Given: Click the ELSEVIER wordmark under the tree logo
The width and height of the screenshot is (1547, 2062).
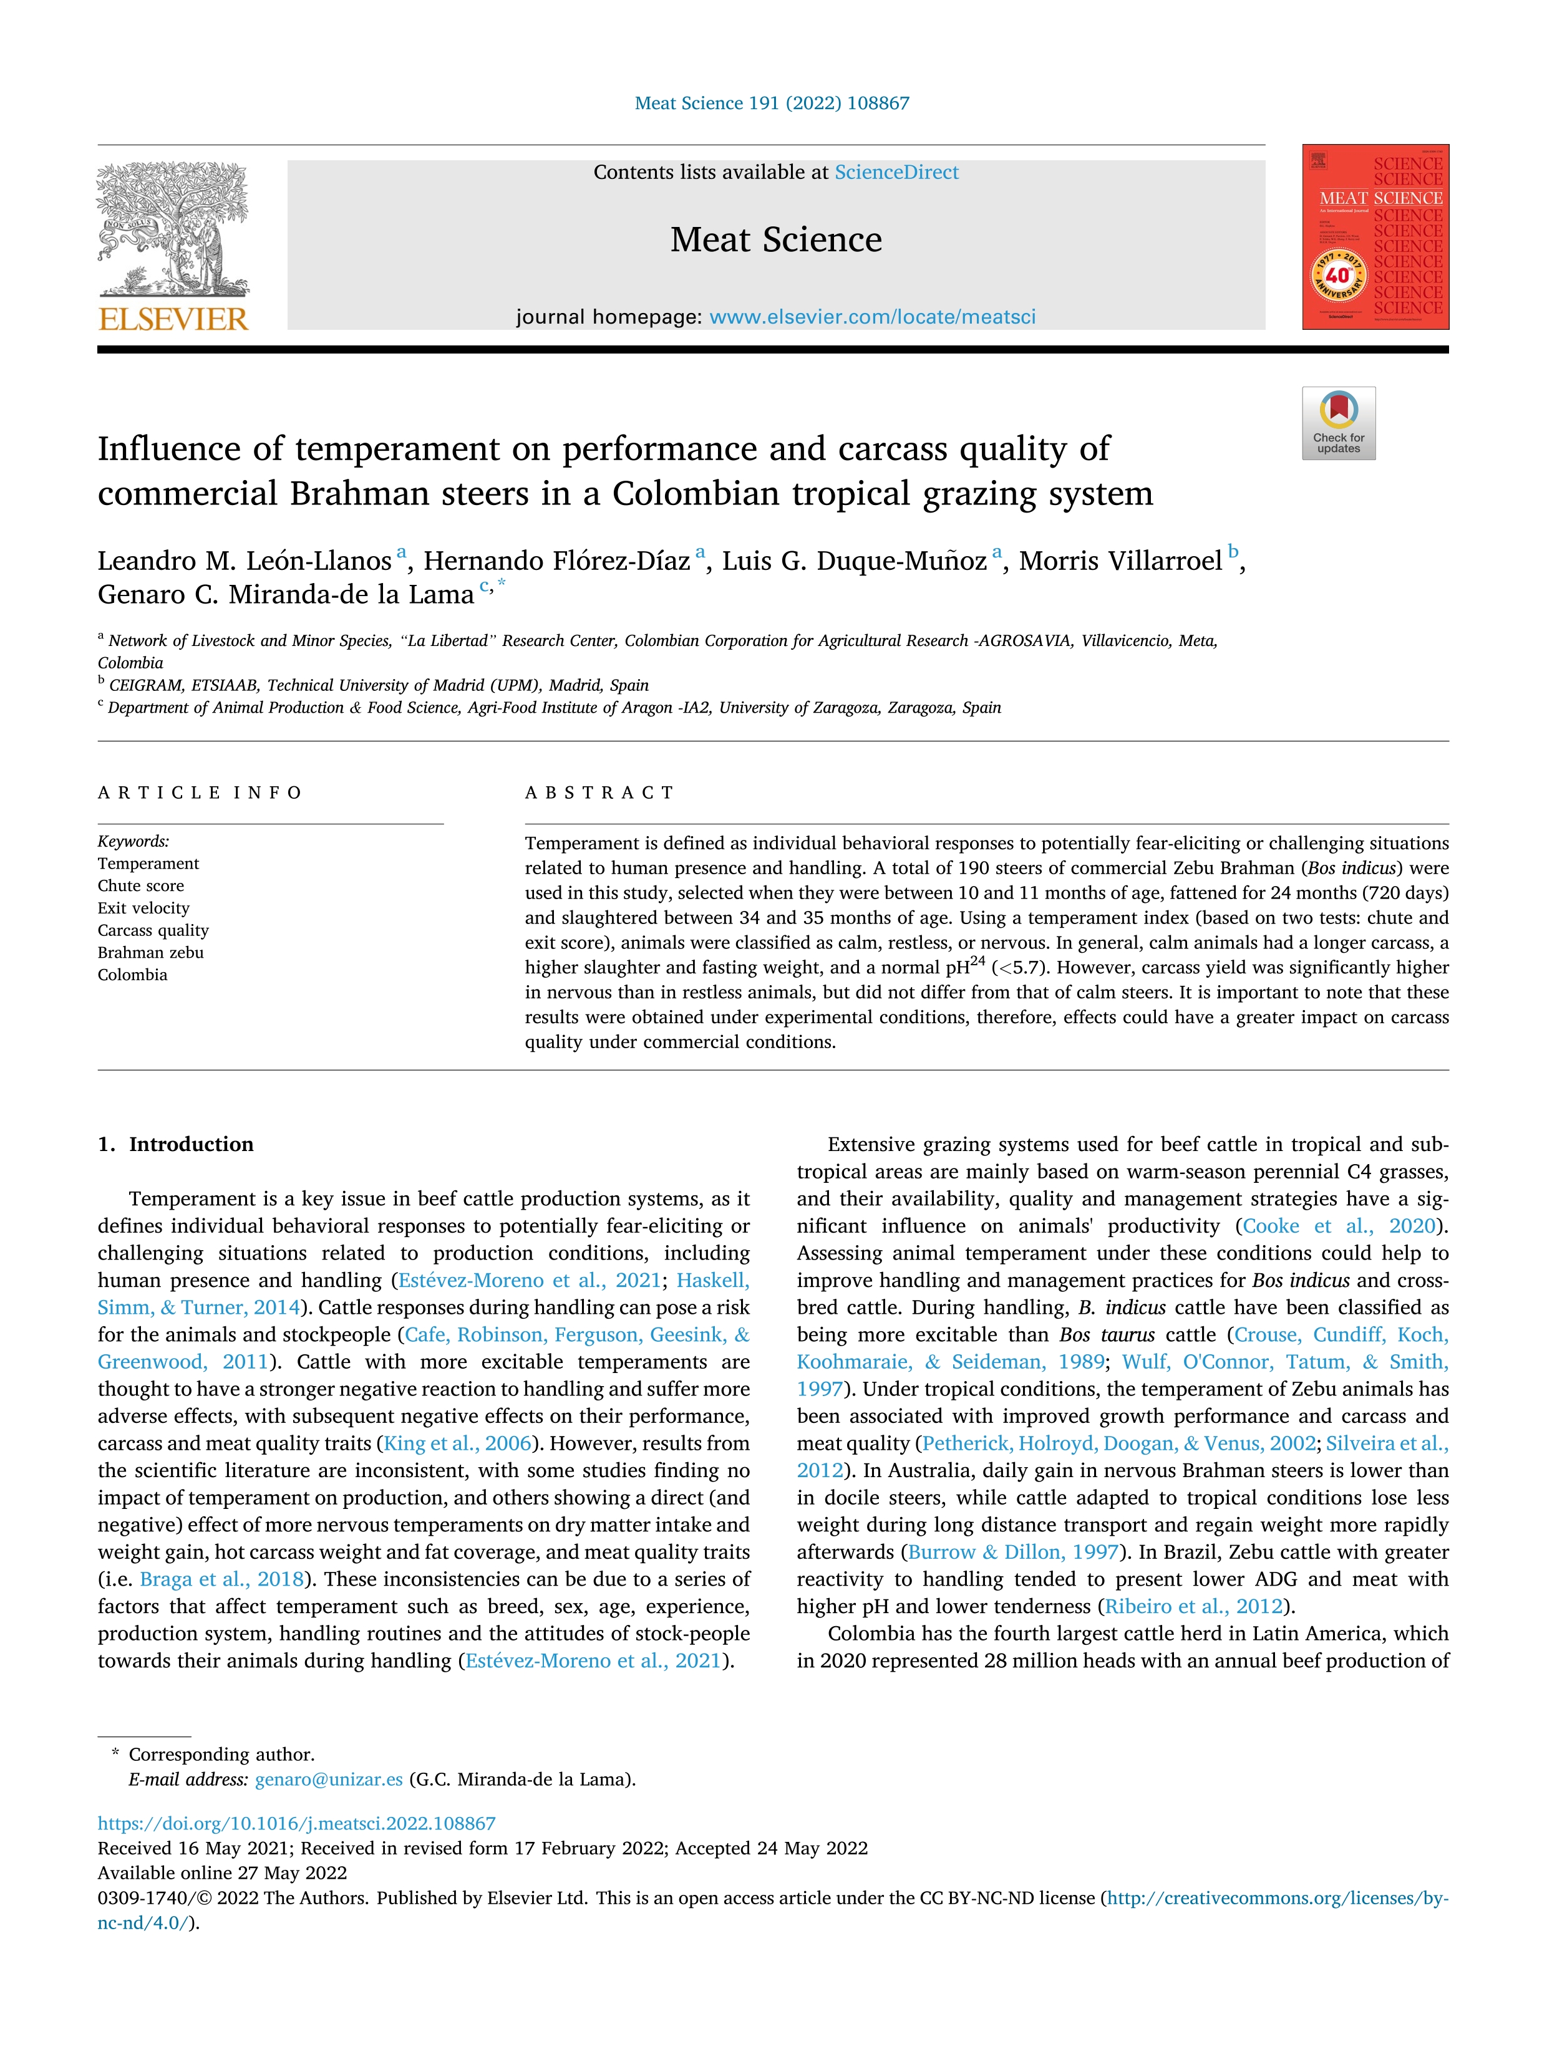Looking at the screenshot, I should [x=173, y=320].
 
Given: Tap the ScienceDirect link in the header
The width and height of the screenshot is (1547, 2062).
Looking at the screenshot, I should [x=896, y=173].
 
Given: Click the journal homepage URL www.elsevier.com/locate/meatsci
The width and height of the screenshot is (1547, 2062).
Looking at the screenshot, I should [x=872, y=317].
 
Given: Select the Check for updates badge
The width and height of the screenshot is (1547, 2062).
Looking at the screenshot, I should [x=1338, y=423].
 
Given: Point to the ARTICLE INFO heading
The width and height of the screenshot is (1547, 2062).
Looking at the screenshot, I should [x=200, y=793].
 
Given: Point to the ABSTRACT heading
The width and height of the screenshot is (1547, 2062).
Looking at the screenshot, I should [x=599, y=793].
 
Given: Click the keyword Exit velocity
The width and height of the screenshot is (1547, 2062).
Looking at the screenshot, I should [x=143, y=908].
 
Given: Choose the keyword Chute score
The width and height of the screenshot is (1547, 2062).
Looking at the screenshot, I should [x=141, y=885].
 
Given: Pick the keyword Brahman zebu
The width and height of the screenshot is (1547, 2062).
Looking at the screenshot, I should [x=150, y=953].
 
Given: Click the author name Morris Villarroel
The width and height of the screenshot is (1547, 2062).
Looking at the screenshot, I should [x=1120, y=561].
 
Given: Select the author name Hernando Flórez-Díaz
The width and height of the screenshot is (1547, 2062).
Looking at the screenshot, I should [x=556, y=561].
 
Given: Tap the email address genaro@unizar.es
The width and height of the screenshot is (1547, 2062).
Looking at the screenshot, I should [x=328, y=1780].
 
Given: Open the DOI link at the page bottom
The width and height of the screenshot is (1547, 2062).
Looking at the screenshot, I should [x=296, y=1823].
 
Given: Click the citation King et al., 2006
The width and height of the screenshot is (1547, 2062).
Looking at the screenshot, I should [x=458, y=1444].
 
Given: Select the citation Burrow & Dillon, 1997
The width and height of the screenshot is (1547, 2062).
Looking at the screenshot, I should [x=1012, y=1552].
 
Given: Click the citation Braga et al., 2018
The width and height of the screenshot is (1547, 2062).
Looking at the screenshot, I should [x=222, y=1579].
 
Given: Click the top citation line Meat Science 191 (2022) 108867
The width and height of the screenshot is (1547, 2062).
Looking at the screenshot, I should [x=772, y=104].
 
